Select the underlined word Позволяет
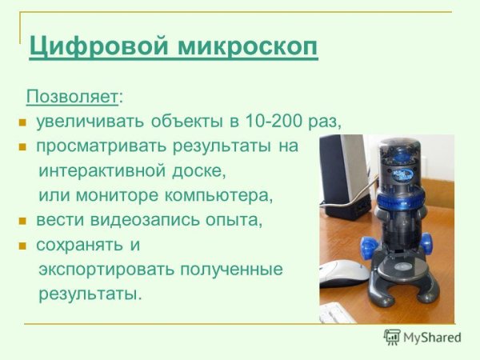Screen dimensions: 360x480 72,97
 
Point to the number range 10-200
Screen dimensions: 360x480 272,122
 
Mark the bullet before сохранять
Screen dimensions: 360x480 23,245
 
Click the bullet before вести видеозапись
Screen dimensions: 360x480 23,220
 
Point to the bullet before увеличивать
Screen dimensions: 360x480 23,122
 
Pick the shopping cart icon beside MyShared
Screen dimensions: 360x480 392,337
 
